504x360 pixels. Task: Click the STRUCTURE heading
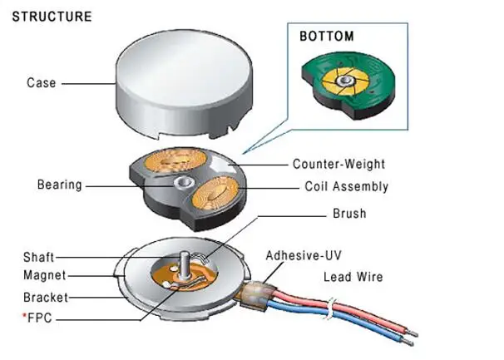(52, 17)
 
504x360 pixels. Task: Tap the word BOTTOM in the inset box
(327, 37)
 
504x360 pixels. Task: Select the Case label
(42, 83)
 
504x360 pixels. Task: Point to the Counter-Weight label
(338, 164)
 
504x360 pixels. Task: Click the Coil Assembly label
(347, 186)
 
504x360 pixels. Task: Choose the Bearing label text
(59, 185)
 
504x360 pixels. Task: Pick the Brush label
(349, 214)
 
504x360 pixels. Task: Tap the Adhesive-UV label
(304, 255)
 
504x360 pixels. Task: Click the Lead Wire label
(353, 277)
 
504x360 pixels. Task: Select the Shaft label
(38, 257)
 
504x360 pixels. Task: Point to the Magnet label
(45, 275)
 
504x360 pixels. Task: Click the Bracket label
(46, 298)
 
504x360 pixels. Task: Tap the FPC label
(40, 318)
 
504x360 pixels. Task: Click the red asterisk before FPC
(24, 316)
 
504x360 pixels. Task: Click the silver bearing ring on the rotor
(184, 183)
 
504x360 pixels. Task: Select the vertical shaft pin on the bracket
(184, 266)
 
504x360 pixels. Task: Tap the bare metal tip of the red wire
(413, 333)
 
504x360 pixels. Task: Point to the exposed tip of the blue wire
(408, 342)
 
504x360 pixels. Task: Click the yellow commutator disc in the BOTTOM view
(345, 81)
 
